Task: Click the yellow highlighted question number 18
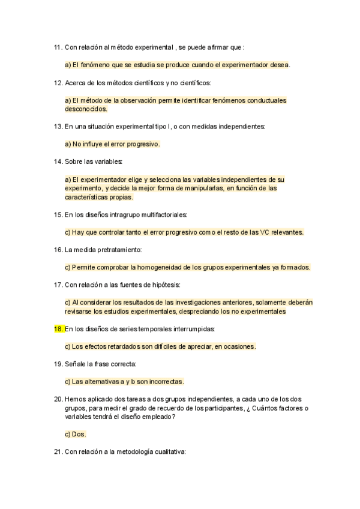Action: [x=58, y=329]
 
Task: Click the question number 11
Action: [x=58, y=47]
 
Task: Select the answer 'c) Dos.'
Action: [x=76, y=435]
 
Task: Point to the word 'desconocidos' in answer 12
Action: [x=86, y=109]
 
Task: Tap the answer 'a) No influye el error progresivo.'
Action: [x=112, y=144]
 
